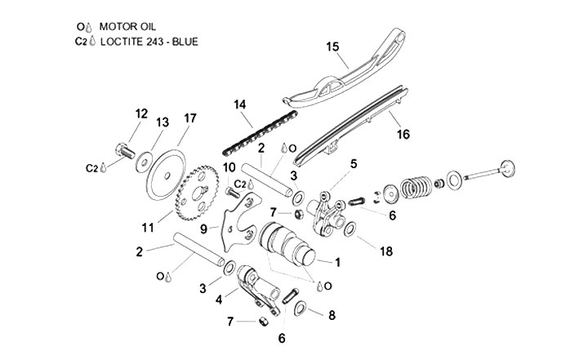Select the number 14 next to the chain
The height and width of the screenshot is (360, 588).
239,104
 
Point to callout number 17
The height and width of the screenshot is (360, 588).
190,118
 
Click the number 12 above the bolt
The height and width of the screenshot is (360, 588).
140,113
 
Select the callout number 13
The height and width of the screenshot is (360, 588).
162,122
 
